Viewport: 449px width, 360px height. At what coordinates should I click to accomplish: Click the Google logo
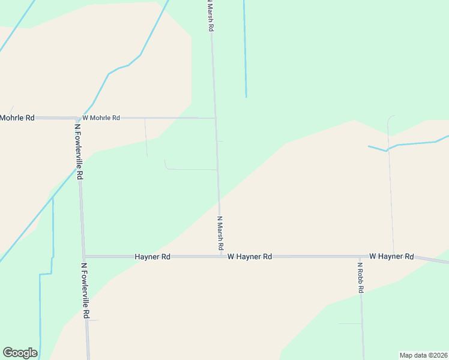pyautogui.click(x=20, y=353)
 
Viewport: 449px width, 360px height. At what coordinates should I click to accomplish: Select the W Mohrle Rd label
pyautogui.click(x=101, y=118)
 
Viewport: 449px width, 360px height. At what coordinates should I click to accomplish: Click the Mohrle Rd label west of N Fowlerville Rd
pyautogui.click(x=17, y=118)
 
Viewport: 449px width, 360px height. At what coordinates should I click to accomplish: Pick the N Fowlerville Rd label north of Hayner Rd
pyautogui.click(x=78, y=152)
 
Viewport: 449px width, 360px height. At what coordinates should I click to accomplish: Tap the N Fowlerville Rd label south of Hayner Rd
pyautogui.click(x=85, y=290)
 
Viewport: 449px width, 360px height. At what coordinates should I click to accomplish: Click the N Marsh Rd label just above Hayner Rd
pyautogui.click(x=220, y=233)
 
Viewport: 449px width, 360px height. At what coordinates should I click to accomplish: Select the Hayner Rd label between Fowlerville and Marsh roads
pyautogui.click(x=152, y=256)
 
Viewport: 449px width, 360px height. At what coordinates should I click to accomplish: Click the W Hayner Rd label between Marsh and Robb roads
pyautogui.click(x=250, y=256)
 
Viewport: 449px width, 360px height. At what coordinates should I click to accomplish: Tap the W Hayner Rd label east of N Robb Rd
pyautogui.click(x=391, y=256)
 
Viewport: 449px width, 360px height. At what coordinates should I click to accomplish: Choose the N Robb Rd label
pyautogui.click(x=361, y=278)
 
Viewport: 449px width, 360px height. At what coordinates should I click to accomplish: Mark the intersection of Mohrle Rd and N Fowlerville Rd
pyautogui.click(x=77, y=118)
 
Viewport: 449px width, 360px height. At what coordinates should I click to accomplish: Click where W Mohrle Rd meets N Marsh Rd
pyautogui.click(x=215, y=118)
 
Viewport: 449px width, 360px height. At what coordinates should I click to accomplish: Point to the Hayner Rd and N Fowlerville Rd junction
pyautogui.click(x=84, y=256)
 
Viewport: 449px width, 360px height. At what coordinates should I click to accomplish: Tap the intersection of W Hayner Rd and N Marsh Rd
pyautogui.click(x=221, y=256)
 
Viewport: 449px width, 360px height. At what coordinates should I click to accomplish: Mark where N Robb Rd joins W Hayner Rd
pyautogui.click(x=360, y=256)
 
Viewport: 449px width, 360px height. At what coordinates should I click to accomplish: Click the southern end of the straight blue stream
pyautogui.click(x=246, y=96)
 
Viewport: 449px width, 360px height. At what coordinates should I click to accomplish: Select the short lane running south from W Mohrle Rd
pyautogui.click(x=146, y=138)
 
